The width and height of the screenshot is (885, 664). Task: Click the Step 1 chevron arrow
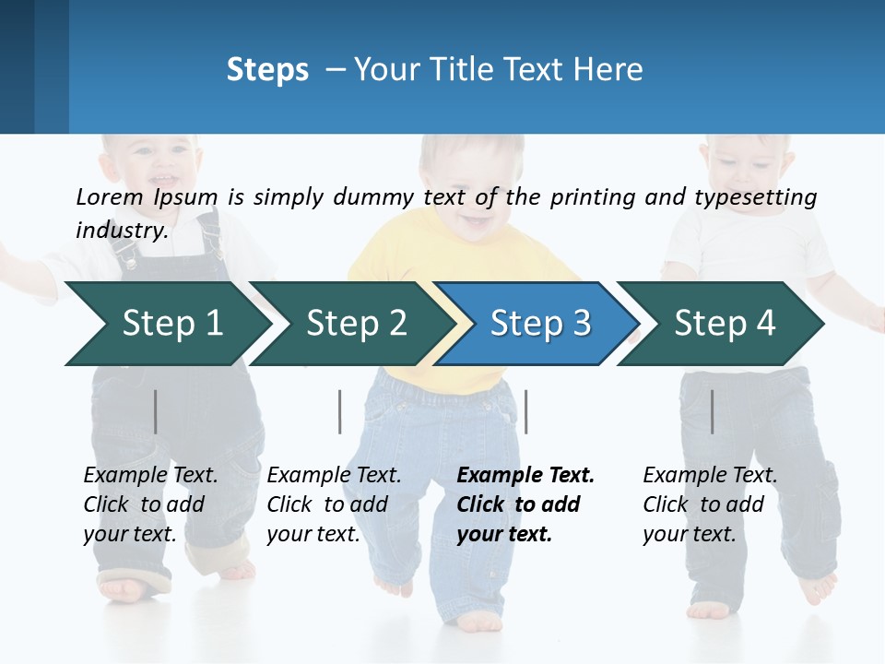pyautogui.click(x=171, y=324)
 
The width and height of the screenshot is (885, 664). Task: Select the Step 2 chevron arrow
pyautogui.click(x=356, y=324)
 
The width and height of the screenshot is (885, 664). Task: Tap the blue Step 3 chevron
pyautogui.click(x=540, y=324)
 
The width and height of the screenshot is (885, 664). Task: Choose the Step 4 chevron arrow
pyautogui.click(x=725, y=324)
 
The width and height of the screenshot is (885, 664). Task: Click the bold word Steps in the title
pyautogui.click(x=267, y=70)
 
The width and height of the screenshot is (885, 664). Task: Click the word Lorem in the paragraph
pyautogui.click(x=110, y=197)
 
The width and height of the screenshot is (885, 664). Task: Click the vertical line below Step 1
pyautogui.click(x=156, y=411)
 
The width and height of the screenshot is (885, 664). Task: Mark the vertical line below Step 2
pyautogui.click(x=340, y=411)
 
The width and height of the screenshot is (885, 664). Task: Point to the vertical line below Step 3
pyautogui.click(x=525, y=411)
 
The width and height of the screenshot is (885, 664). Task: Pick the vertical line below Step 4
pyautogui.click(x=712, y=411)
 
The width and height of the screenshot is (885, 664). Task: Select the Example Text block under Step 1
pyautogui.click(x=150, y=504)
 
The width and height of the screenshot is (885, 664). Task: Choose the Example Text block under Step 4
pyautogui.click(x=710, y=504)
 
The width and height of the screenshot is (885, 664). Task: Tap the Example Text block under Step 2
pyautogui.click(x=334, y=504)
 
